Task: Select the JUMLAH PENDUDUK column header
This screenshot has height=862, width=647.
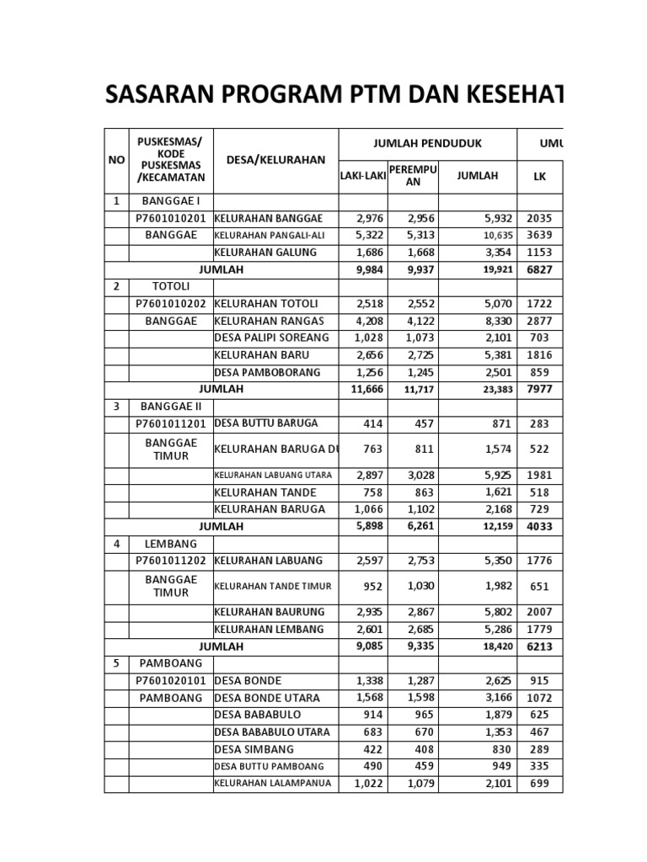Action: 427,144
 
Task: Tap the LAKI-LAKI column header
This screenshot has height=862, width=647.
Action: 361,176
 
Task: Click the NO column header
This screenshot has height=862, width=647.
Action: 115,160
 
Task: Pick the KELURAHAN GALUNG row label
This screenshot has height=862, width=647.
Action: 265,253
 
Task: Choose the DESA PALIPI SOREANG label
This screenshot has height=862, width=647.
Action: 271,338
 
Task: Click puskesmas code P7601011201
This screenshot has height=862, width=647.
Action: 171,423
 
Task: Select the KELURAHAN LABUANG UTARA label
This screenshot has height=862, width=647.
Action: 273,476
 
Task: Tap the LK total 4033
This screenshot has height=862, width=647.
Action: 539,527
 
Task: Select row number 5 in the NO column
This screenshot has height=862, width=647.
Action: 115,663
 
